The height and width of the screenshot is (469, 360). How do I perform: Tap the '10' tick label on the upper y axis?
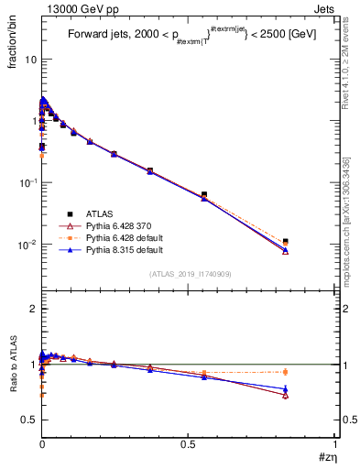[x=27, y=59]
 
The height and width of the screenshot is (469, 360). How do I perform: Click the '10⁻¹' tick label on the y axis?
[x=25, y=182]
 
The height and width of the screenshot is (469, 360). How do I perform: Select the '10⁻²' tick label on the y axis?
[x=25, y=245]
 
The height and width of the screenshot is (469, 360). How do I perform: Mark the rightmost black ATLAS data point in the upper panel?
[x=286, y=242]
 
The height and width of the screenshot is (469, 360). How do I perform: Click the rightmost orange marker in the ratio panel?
[x=286, y=371]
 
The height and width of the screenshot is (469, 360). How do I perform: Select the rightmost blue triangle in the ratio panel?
[x=286, y=388]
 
